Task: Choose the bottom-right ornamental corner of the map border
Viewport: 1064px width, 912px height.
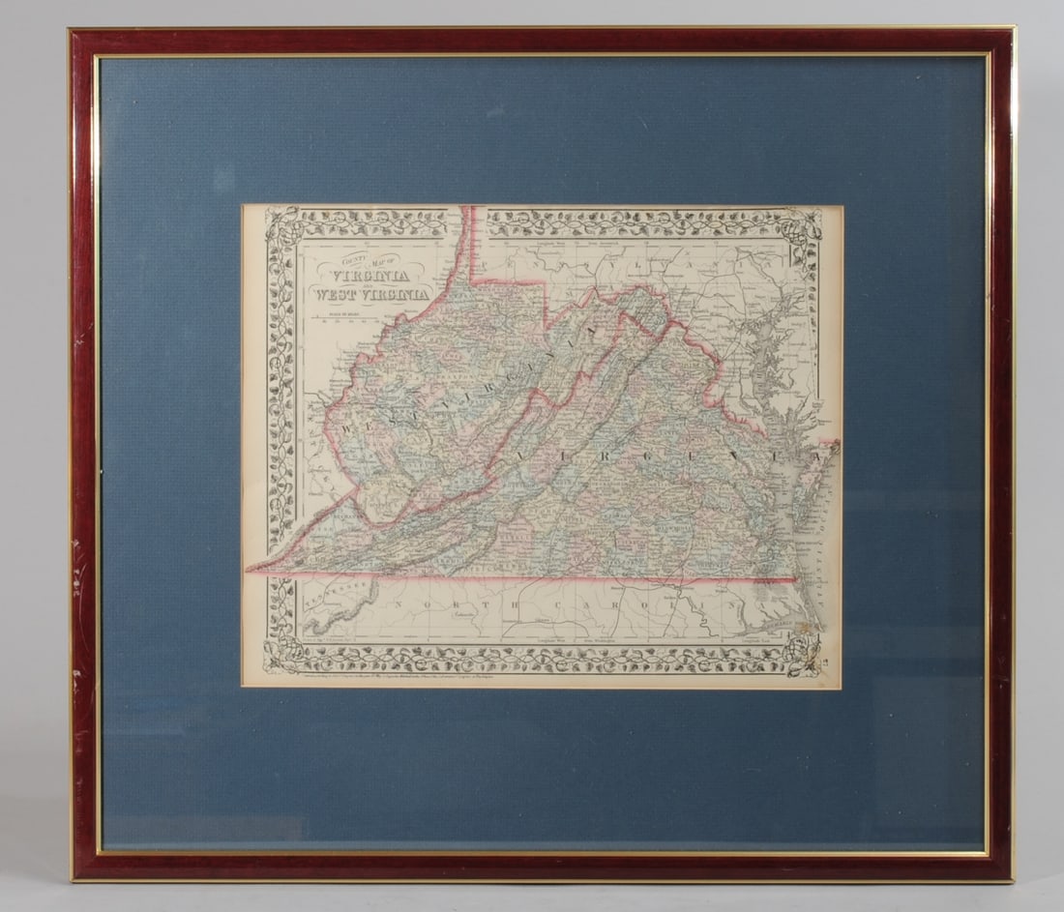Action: pos(802,659)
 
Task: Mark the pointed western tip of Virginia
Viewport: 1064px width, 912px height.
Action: pos(251,571)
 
